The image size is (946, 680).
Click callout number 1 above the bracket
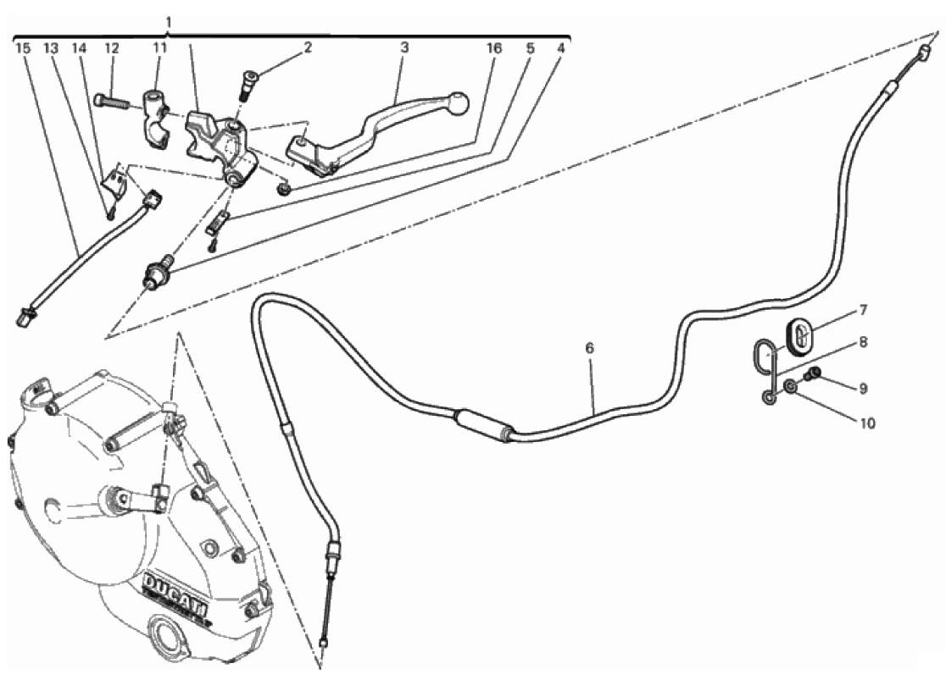point(169,22)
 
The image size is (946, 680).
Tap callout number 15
point(23,47)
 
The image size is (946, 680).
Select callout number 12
point(112,47)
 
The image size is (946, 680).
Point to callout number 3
point(404,47)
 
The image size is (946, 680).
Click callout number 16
point(494,47)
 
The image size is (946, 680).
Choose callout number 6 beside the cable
point(589,348)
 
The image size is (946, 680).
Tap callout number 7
point(863,311)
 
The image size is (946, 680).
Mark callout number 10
point(866,423)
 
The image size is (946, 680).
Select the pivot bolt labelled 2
point(249,84)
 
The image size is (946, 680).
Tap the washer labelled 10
point(790,386)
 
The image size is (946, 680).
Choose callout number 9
point(863,389)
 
